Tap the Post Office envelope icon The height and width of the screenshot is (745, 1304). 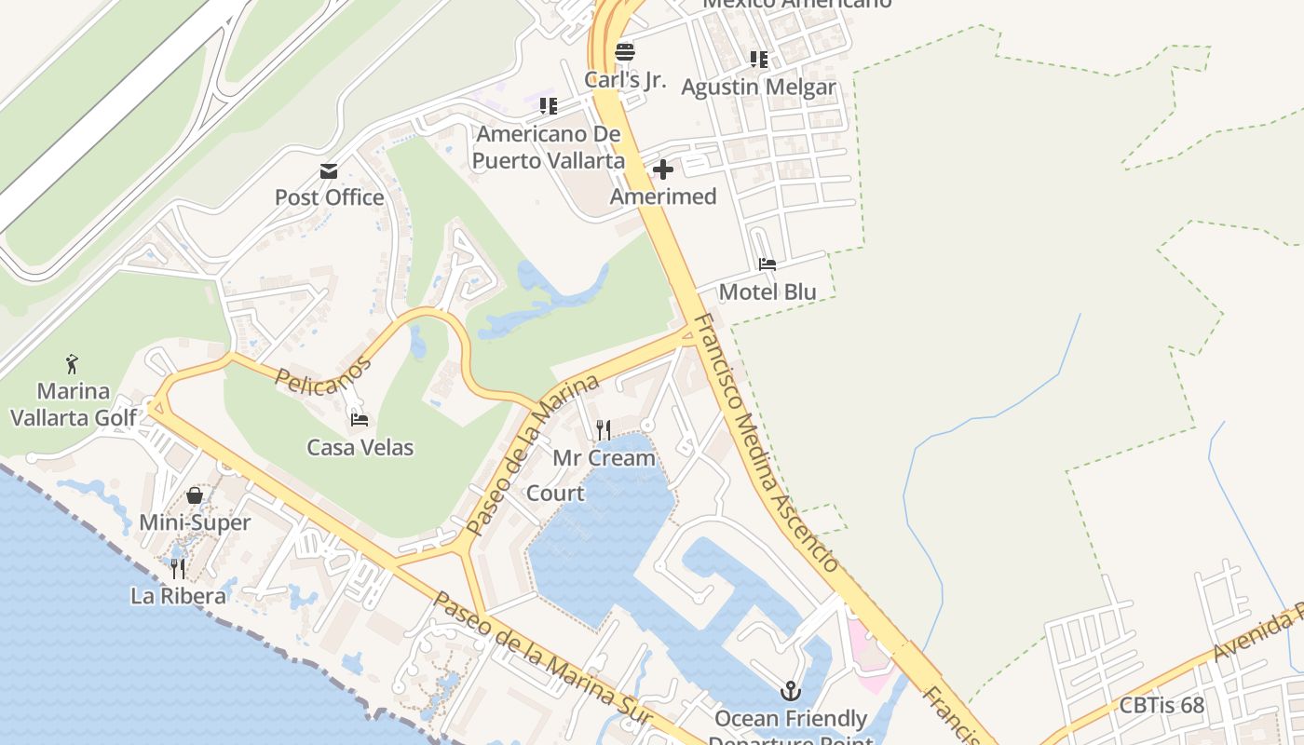click(329, 170)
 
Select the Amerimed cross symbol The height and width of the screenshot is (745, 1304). click(663, 169)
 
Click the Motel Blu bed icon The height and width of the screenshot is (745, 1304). click(767, 264)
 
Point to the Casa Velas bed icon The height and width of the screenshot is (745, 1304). click(360, 420)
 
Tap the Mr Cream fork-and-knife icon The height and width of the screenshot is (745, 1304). click(604, 429)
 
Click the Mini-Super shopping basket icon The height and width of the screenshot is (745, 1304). click(195, 494)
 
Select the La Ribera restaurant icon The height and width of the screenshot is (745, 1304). click(178, 568)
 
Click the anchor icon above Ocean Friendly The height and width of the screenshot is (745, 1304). click(791, 691)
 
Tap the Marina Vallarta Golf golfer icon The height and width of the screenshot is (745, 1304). click(73, 363)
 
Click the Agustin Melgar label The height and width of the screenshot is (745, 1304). click(758, 88)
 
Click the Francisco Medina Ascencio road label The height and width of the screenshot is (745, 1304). click(767, 443)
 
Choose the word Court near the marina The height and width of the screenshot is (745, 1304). click(556, 493)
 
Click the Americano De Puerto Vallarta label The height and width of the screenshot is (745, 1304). click(548, 147)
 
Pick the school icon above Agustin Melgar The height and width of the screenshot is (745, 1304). click(759, 60)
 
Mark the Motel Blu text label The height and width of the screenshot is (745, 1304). click(767, 291)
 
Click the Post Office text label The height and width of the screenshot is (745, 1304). click(329, 197)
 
